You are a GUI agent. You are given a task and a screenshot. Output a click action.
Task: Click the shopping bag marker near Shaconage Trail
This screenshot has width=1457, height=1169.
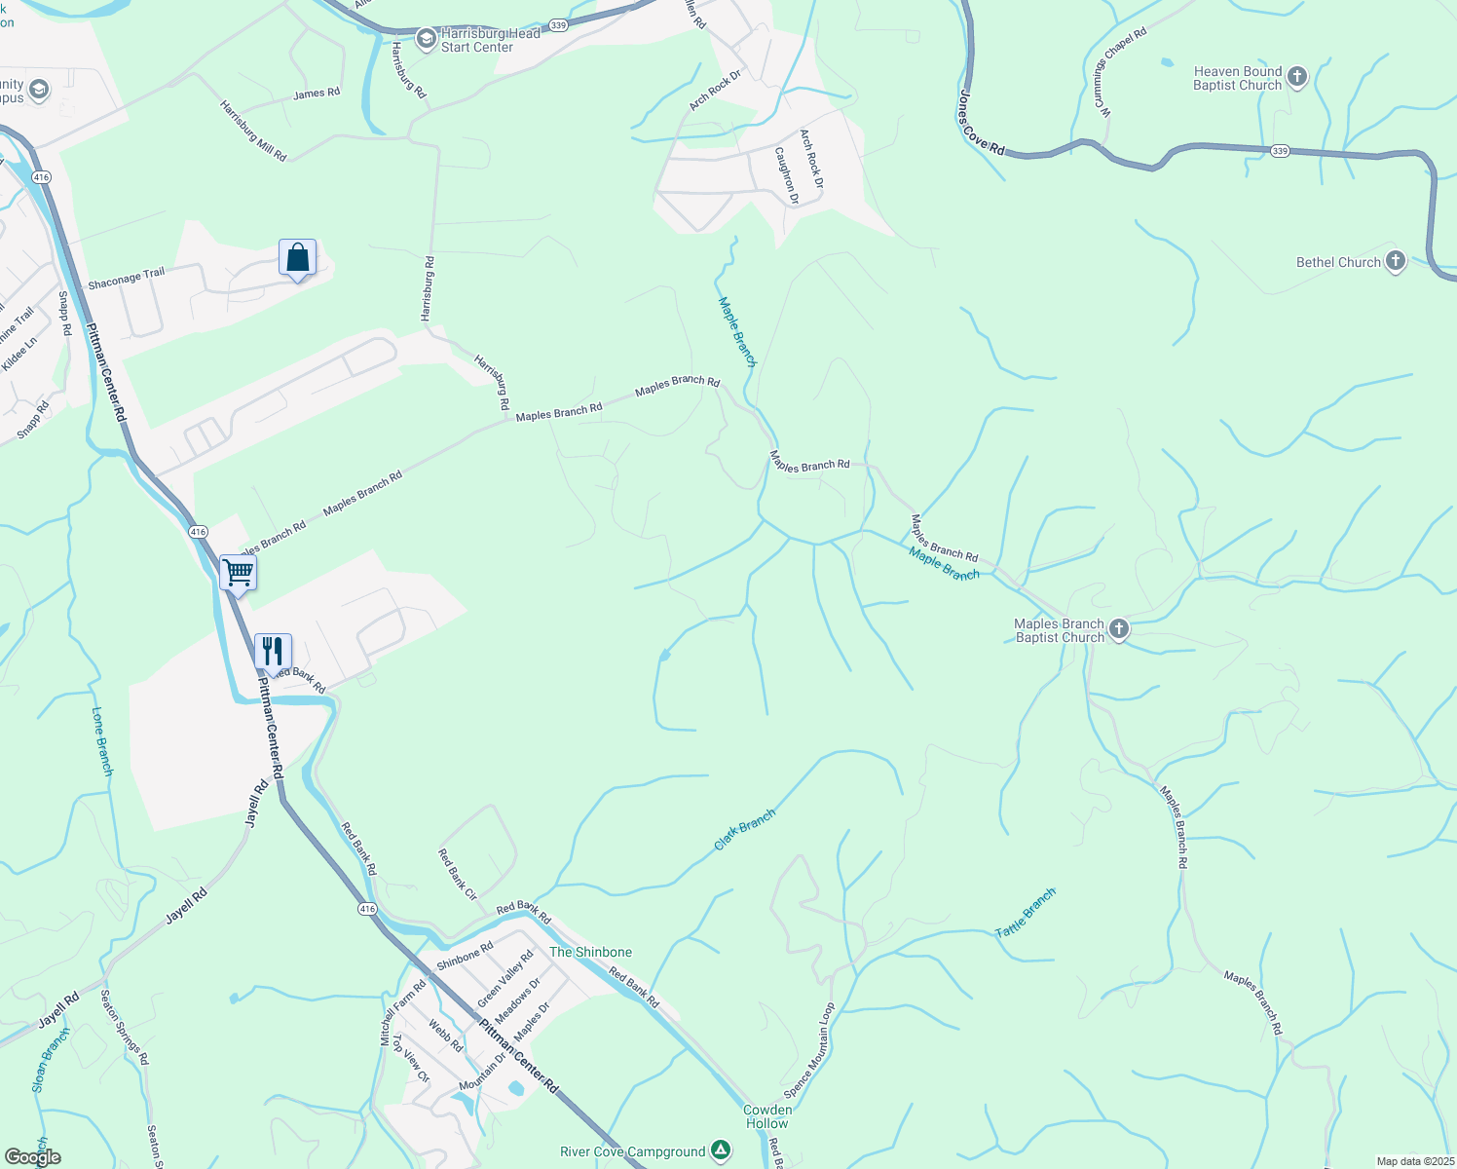tap(297, 259)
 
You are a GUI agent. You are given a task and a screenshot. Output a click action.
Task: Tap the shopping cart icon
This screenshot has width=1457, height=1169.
tap(238, 572)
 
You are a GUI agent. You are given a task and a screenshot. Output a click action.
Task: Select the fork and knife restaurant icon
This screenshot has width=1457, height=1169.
tap(273, 651)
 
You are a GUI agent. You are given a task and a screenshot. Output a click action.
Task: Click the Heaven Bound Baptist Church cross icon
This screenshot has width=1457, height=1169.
tap(1296, 77)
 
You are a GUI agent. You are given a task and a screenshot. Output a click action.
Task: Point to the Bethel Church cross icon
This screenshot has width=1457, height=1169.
tap(1395, 261)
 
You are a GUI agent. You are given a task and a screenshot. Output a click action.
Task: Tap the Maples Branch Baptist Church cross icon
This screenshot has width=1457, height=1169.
tap(1119, 629)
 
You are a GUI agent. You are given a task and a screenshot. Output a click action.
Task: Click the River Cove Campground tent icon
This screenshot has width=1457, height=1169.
tap(720, 1150)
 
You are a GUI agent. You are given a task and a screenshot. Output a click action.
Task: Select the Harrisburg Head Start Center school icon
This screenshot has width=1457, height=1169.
tap(426, 39)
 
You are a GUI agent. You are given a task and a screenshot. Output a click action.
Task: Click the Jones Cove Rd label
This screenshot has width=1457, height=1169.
tap(981, 124)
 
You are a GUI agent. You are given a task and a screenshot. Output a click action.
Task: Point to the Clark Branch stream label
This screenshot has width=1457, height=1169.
tap(744, 829)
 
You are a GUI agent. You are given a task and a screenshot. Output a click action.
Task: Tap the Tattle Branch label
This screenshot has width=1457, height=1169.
tap(1025, 914)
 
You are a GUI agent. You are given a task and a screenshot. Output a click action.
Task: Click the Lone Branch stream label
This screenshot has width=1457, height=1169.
tap(102, 741)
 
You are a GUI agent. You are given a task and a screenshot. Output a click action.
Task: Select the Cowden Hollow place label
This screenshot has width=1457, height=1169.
tap(767, 1116)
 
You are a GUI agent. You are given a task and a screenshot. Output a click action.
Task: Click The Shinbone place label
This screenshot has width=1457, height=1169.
tap(590, 952)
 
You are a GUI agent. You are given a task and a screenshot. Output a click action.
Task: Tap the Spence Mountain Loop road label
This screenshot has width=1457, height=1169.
tap(809, 1050)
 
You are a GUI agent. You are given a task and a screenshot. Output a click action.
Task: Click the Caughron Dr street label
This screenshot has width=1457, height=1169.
tap(786, 175)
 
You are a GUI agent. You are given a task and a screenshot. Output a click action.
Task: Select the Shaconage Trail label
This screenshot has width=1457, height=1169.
tap(126, 280)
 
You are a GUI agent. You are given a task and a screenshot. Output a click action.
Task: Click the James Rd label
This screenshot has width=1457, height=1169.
tap(317, 94)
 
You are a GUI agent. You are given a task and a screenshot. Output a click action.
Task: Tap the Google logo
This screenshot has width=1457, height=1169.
tap(33, 1156)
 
